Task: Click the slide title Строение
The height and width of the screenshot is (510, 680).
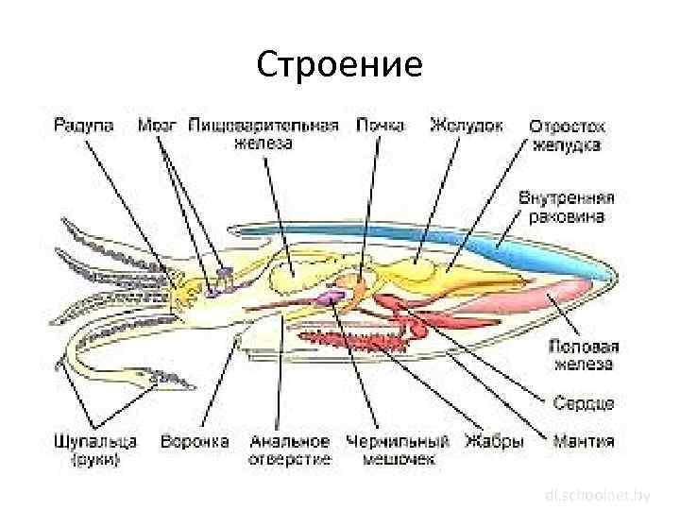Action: [339, 65]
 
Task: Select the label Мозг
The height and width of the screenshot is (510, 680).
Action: [159, 125]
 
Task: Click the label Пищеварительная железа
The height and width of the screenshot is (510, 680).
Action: [263, 133]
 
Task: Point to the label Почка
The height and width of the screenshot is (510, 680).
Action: [382, 125]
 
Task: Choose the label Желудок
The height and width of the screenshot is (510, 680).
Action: [466, 125]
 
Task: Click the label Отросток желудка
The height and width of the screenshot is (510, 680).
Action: [567, 135]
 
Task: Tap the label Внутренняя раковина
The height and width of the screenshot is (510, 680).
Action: [567, 208]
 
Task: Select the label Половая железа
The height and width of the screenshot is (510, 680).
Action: [582, 355]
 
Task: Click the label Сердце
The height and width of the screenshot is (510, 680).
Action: [584, 402]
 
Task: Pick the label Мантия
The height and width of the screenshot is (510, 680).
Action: [583, 440]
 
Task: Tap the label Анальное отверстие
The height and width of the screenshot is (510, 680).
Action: [290, 450]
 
